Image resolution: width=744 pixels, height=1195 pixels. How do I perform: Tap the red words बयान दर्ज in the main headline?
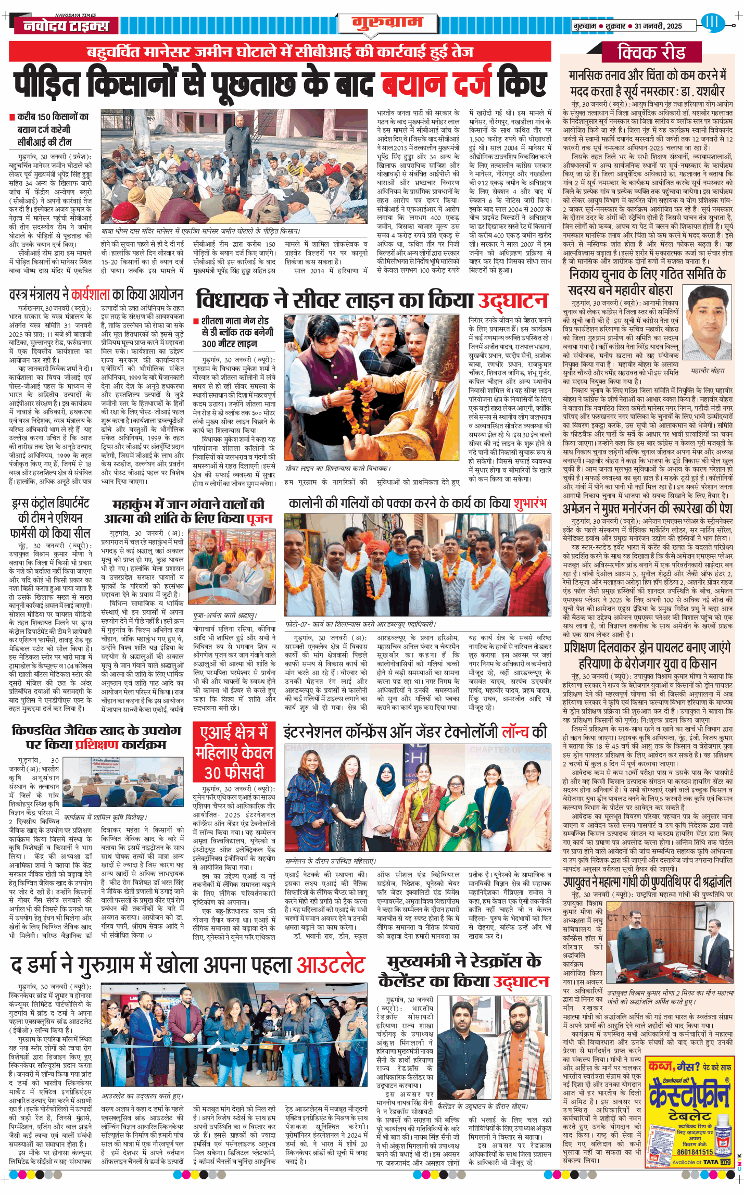pos(436,84)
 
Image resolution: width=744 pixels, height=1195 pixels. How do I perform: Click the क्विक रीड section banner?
pos(651,53)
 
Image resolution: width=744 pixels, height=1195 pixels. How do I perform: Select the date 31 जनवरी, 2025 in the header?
pos(658,26)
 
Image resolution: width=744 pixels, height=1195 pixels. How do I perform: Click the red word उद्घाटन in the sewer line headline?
pos(513,301)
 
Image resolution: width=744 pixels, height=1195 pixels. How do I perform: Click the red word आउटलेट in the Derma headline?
pos(331,964)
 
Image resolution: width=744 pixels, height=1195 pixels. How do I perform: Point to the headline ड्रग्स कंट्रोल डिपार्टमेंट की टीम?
pos(50,518)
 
